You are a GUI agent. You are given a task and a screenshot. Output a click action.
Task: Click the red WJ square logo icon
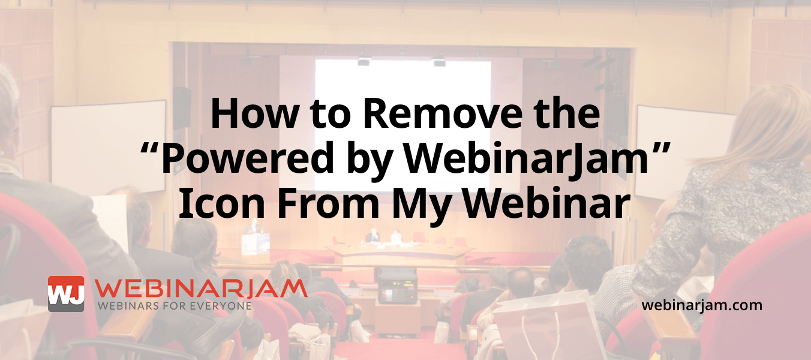[x=66, y=294]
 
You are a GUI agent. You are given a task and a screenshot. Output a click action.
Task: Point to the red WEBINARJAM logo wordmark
[x=202, y=289]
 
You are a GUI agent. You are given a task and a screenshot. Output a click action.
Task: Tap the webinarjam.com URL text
[x=702, y=305]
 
